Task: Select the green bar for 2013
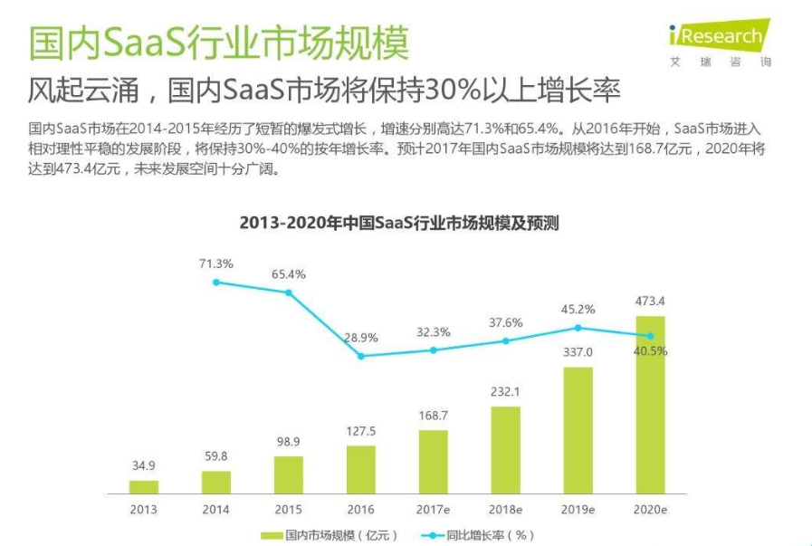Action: click(x=144, y=486)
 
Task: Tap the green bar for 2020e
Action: click(x=650, y=405)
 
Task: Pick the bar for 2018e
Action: click(x=505, y=450)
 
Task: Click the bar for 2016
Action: click(x=360, y=469)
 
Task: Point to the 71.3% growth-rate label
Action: click(x=216, y=263)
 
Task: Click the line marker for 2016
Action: click(x=360, y=356)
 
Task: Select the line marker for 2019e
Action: click(x=578, y=328)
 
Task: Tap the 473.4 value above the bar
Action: click(x=650, y=301)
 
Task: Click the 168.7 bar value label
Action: click(x=433, y=416)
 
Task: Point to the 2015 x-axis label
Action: click(x=289, y=510)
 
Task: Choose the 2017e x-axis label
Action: click(x=433, y=510)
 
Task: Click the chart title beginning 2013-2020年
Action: click(x=399, y=222)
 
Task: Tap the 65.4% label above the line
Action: click(x=289, y=273)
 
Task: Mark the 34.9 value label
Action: click(x=144, y=466)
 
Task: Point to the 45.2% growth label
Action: click(x=578, y=308)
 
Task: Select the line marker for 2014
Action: click(x=216, y=283)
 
